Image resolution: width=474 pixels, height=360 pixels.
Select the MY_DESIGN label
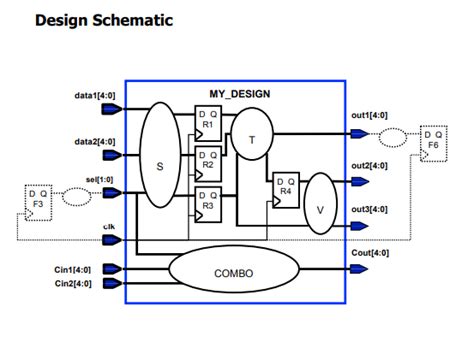[x=240, y=93]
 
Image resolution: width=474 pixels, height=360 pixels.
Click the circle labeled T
[x=251, y=139]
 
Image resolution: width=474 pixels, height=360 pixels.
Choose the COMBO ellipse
[x=236, y=271]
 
